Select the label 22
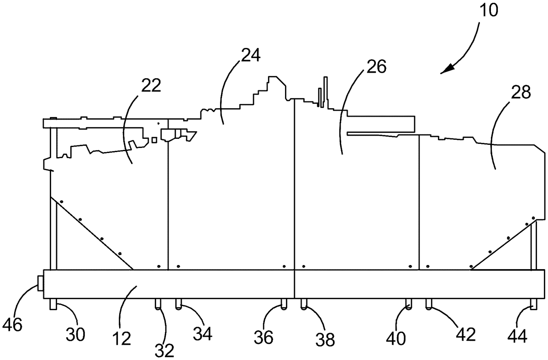point(151,85)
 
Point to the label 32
point(165,349)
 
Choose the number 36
point(263,337)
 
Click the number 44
point(517,337)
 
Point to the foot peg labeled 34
point(178,303)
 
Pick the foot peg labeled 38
point(303,304)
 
